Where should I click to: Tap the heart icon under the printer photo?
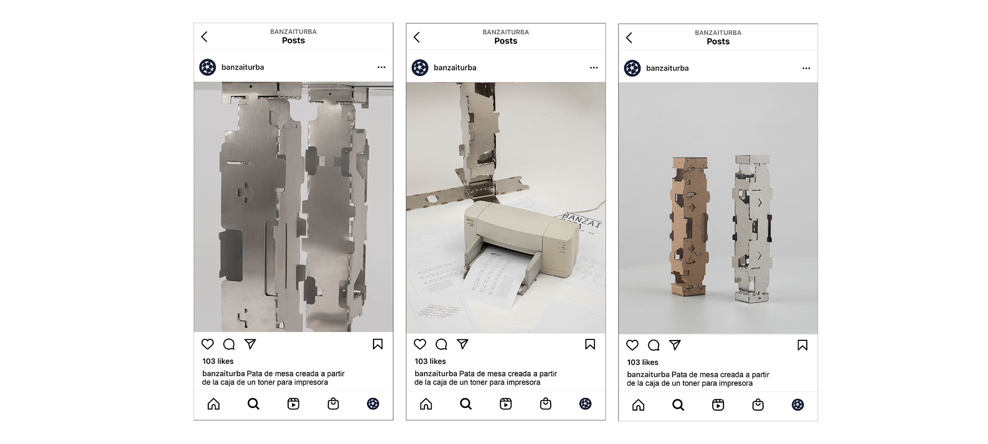[x=420, y=344]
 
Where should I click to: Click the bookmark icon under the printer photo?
[x=590, y=344]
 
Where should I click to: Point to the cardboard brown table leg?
[x=690, y=227]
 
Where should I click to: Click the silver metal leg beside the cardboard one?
[x=752, y=229]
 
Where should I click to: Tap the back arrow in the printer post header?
[x=417, y=37]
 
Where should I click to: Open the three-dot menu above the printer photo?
[x=594, y=68]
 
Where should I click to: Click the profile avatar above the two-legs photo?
[x=632, y=68]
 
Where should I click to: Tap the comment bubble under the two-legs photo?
[x=654, y=345]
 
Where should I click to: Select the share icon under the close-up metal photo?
[x=250, y=344]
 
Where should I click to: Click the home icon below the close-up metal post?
[x=214, y=404]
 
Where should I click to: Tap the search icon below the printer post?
[x=466, y=404]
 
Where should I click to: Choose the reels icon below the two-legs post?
[x=718, y=405]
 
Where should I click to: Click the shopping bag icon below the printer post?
[x=545, y=404]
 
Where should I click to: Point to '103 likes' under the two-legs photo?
[x=642, y=362]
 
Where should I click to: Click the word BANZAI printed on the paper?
[x=581, y=219]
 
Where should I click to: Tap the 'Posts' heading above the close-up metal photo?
[x=293, y=41]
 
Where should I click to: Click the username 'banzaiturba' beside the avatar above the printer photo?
[x=455, y=67]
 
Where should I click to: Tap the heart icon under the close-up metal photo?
[x=207, y=344]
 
